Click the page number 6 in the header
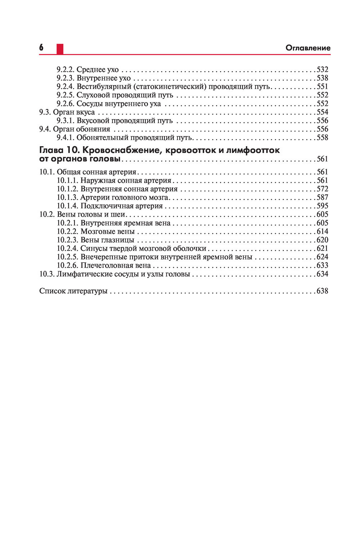[x=41, y=48]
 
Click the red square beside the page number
[x=60, y=49]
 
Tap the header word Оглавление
[x=308, y=48]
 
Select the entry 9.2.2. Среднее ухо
[x=87, y=69]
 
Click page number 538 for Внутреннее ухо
[x=322, y=78]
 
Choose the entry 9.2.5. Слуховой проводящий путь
[x=115, y=95]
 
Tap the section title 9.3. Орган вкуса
[x=67, y=112]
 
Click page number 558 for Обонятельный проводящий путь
[x=322, y=138]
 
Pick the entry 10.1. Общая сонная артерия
[x=87, y=172]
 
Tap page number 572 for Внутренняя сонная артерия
[x=322, y=189]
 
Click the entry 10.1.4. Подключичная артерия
[x=110, y=206]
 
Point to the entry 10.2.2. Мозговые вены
[x=96, y=231]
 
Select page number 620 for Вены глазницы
[x=322, y=240]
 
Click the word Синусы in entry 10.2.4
[x=92, y=248]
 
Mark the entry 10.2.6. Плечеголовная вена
[x=104, y=265]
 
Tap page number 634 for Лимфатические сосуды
[x=322, y=274]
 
